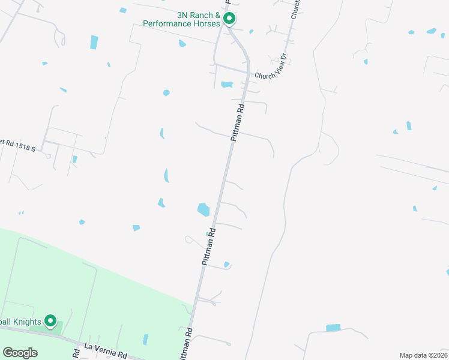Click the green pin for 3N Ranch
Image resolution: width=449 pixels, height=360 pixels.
229,19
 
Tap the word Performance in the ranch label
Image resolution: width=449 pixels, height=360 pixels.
166,24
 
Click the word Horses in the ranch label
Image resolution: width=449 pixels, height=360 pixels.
205,24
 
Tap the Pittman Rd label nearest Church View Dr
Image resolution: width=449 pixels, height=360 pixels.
238,122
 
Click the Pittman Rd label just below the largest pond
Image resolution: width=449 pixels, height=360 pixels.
208,250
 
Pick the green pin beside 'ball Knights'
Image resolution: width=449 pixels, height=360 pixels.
51,322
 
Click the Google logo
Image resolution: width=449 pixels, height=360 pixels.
20,352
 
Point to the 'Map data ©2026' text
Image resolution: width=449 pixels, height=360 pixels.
423,355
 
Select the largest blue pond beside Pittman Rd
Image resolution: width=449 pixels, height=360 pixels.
203,209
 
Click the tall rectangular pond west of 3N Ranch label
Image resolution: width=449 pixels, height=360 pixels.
94,42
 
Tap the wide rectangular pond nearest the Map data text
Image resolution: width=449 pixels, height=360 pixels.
333,328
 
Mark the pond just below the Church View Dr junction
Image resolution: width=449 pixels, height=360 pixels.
226,84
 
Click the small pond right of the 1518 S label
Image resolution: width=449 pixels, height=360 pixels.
74,160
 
